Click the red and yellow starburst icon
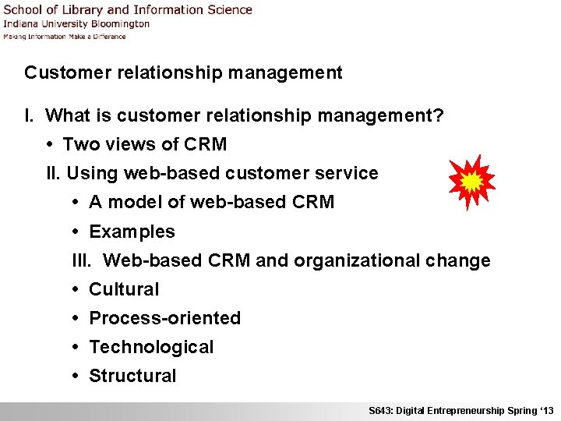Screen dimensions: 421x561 tap(471, 182)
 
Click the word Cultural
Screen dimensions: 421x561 tap(124, 289)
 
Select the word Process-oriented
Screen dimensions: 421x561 tap(165, 318)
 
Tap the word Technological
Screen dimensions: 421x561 tap(151, 347)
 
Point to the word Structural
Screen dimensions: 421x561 tap(132, 376)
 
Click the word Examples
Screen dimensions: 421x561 tap(132, 232)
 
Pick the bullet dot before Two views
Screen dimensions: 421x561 tap(51, 144)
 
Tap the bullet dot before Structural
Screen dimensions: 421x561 tap(77, 376)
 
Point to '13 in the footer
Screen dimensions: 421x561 tap(546, 411)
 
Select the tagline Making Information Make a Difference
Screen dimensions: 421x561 tap(64, 36)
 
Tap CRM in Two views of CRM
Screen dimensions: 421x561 tap(206, 144)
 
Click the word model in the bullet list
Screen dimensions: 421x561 tap(135, 203)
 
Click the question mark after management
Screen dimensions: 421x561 tap(439, 116)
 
